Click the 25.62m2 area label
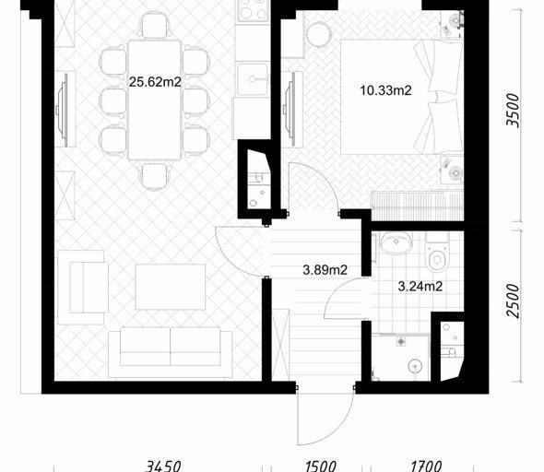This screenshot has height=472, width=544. pos(155,82)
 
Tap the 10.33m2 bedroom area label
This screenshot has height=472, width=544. pos(385,90)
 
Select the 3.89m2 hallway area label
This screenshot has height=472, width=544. pos(325,270)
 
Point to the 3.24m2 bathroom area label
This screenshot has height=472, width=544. pos(420,287)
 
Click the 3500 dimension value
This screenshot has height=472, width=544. pos(514,111)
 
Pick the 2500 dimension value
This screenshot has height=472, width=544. pos(514,301)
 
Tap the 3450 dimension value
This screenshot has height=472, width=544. pos(163,466)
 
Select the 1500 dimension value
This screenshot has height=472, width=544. pos(320,466)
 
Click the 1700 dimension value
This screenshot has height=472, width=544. pos(426,466)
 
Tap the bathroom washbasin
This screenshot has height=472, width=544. pos(396,242)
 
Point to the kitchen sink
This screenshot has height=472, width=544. pos(253,79)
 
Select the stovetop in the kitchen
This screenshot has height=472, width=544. pos(253,10)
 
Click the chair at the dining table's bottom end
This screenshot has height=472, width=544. pos(154,176)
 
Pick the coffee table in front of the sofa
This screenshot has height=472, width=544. pos(171,287)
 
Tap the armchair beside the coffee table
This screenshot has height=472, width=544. pos(83,288)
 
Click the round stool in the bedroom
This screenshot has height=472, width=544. pos(318,34)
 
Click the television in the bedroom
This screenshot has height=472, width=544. pos(290,109)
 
